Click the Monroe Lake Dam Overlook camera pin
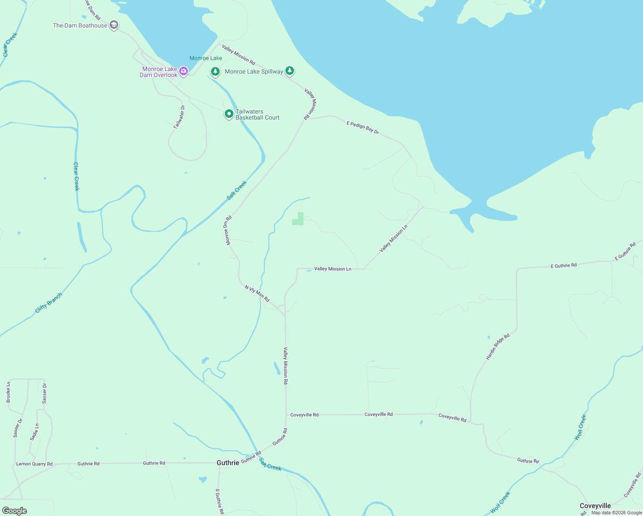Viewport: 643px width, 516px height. (x=184, y=71)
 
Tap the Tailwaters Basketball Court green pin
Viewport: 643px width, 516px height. (x=229, y=114)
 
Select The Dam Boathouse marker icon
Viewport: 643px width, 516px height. (x=114, y=25)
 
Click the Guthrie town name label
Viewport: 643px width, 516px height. (x=228, y=463)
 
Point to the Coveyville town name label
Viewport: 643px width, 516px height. (x=595, y=506)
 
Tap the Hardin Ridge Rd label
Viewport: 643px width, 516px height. (x=498, y=347)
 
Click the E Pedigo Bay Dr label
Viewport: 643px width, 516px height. (x=363, y=128)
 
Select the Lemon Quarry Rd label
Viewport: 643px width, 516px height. (x=34, y=464)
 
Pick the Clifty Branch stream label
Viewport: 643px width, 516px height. (x=49, y=303)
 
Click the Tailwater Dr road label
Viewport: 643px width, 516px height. (x=179, y=117)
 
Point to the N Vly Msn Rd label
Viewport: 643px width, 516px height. (x=257, y=293)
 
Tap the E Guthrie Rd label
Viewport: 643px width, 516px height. (x=564, y=266)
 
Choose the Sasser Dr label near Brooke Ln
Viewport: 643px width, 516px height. (x=45, y=393)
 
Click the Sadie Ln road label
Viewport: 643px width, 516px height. (x=35, y=432)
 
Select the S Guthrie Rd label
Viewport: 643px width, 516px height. (x=220, y=501)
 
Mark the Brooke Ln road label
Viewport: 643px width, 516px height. (x=8, y=392)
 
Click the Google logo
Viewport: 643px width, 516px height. (x=14, y=511)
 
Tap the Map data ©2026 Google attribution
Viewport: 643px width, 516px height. (x=616, y=513)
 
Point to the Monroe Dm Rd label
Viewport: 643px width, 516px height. (x=229, y=230)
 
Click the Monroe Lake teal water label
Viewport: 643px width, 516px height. (x=206, y=58)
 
